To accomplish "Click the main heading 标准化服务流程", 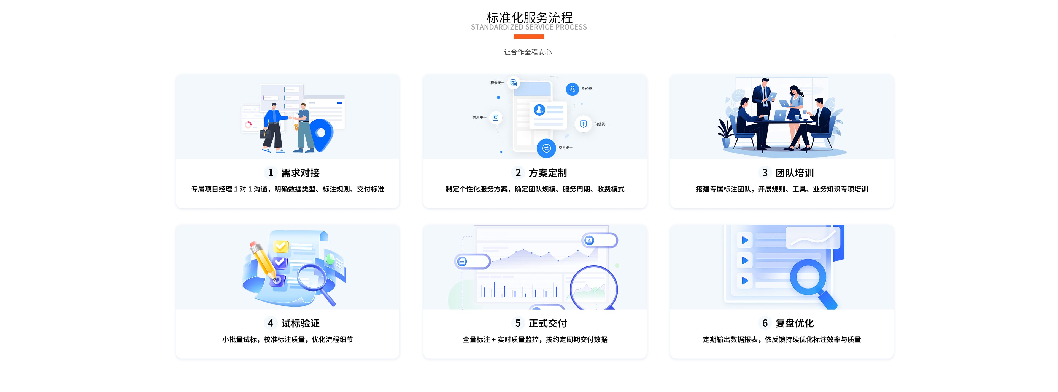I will point(529,17).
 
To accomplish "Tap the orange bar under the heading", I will point(529,37).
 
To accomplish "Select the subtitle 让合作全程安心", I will point(528,52).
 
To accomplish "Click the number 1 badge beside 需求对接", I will point(270,173).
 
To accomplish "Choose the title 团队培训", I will point(794,173).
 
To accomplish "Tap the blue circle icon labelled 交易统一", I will point(546,148).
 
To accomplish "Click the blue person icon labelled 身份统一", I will point(572,89).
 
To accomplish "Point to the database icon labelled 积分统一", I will point(513,83).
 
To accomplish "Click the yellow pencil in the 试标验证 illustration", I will point(263,259).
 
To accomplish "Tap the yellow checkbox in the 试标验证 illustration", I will point(281,246).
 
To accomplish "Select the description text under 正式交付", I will point(535,339).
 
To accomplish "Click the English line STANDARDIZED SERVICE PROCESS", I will point(529,27).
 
